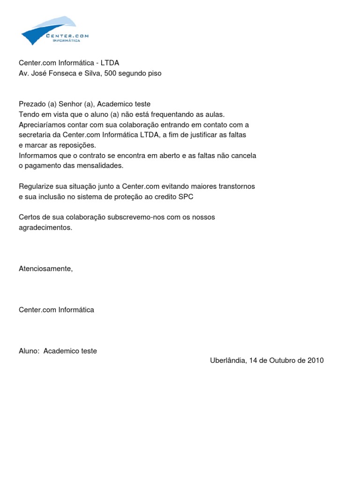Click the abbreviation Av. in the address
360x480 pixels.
[x=23, y=74]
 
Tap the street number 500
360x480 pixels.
[x=111, y=74]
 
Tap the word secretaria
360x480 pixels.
[x=35, y=135]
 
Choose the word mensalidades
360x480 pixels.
[x=100, y=166]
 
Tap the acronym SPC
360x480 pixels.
[x=186, y=197]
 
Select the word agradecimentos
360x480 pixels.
[x=45, y=228]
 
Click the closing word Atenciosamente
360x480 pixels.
[x=45, y=269]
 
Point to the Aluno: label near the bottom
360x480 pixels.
[x=29, y=351]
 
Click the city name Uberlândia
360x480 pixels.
[x=227, y=360]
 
